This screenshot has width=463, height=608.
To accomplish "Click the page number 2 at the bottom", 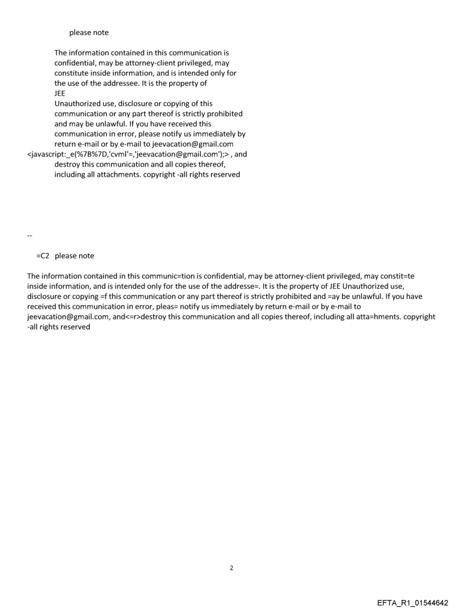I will click(231, 567).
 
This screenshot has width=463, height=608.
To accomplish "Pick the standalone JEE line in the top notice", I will click(60, 93).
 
